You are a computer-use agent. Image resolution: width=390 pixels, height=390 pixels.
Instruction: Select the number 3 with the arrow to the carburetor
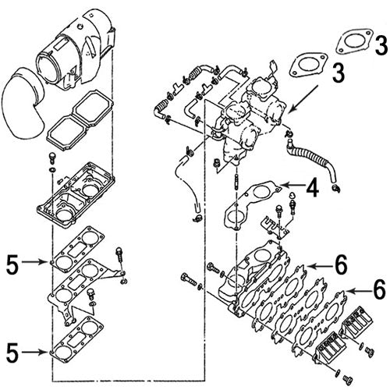338,75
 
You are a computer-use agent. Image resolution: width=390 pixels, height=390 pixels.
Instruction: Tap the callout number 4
310,188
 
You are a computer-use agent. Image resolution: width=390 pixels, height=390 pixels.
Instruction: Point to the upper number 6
339,265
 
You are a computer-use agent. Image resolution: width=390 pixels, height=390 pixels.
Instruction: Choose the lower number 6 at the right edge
379,289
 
